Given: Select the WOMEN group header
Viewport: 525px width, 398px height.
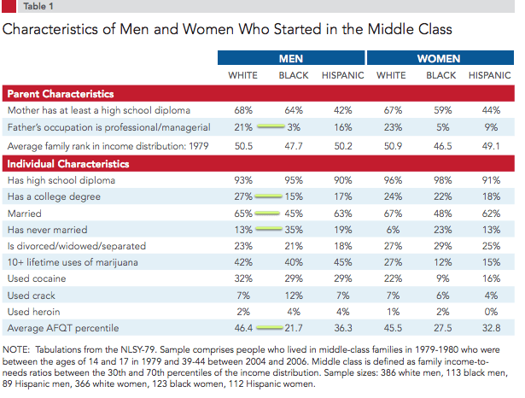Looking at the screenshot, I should point(439,59).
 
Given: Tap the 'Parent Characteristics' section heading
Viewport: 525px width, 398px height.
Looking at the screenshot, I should point(61,93).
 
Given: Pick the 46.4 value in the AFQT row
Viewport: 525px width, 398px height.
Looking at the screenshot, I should point(243,327).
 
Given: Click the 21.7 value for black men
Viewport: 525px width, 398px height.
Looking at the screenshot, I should point(295,327).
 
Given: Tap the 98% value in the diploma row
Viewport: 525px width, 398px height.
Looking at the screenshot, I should point(441,181).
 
